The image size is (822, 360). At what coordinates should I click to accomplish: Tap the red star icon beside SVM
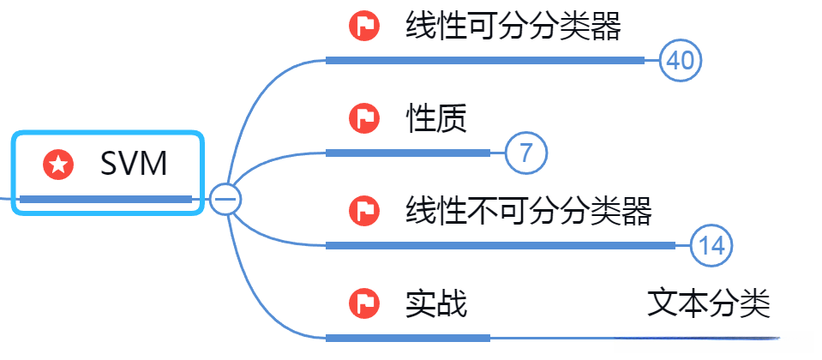58,164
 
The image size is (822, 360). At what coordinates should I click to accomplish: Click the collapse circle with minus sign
226,199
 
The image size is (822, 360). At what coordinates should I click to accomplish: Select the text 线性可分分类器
513,27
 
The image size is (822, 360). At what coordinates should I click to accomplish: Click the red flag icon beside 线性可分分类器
364,27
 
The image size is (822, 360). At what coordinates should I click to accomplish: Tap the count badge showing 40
681,61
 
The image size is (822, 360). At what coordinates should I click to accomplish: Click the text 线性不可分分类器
528,210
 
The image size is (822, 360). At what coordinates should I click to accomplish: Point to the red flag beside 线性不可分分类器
364,211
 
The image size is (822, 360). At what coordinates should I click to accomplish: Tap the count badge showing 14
711,246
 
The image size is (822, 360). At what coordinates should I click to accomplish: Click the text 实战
435,303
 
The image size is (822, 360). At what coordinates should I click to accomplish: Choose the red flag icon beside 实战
364,303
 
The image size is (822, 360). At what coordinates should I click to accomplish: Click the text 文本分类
708,303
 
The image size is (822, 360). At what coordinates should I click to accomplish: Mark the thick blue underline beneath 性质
408,153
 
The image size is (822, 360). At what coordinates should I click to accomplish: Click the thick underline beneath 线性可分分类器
484,60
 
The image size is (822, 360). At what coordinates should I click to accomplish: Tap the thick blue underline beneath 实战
408,338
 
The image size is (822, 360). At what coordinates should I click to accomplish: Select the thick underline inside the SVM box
105,200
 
